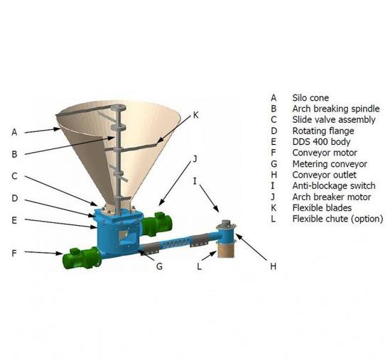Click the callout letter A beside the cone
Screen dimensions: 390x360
click(14, 132)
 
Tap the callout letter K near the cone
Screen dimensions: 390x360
click(196, 115)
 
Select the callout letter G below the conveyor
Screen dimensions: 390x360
click(159, 266)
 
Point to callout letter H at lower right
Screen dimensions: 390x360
click(273, 266)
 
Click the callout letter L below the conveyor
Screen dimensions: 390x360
click(199, 266)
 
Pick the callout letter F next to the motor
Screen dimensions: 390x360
click(14, 253)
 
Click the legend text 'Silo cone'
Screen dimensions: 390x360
click(310, 98)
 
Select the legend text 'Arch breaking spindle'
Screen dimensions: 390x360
click(336, 109)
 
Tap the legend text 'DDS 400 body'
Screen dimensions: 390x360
click(321, 142)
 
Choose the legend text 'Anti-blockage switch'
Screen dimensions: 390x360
click(334, 186)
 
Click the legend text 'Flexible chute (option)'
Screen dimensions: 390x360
click(337, 219)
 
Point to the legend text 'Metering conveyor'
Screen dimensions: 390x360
click(330, 164)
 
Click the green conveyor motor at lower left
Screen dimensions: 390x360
click(82, 258)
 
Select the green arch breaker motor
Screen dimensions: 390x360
click(157, 223)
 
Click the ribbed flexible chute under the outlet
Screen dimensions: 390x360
click(226, 249)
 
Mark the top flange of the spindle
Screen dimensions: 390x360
click(119, 108)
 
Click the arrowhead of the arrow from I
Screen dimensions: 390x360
click(217, 209)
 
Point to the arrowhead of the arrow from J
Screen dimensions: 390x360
click(161, 203)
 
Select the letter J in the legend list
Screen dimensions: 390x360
click(273, 197)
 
